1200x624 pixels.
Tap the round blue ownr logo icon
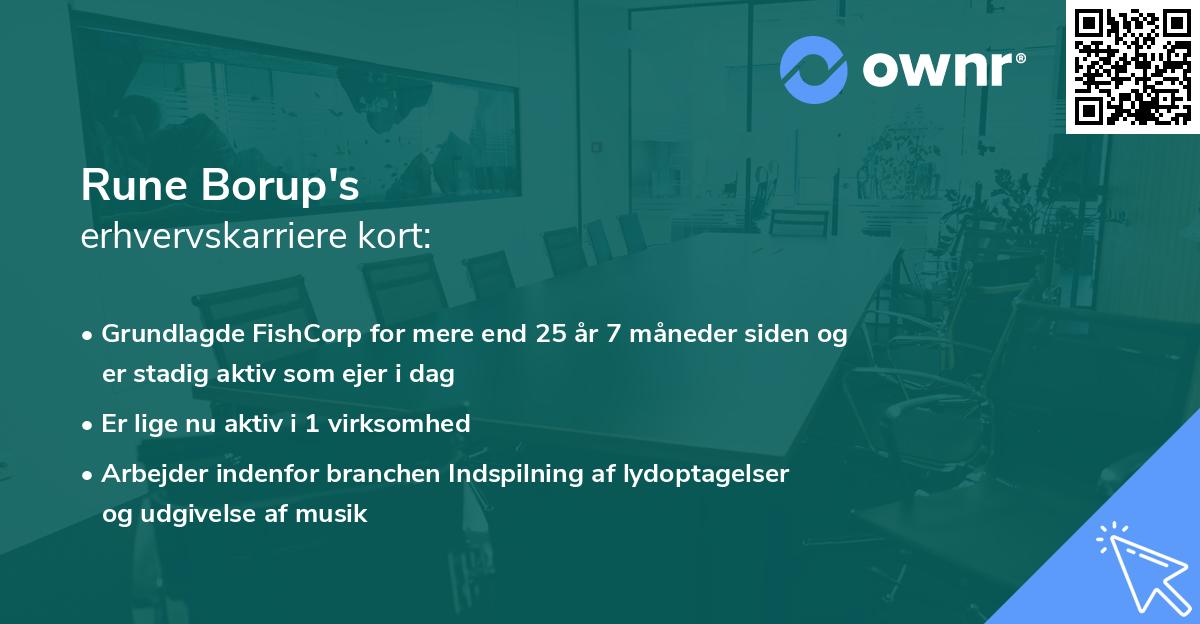814,69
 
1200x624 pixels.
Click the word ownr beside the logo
942,69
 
